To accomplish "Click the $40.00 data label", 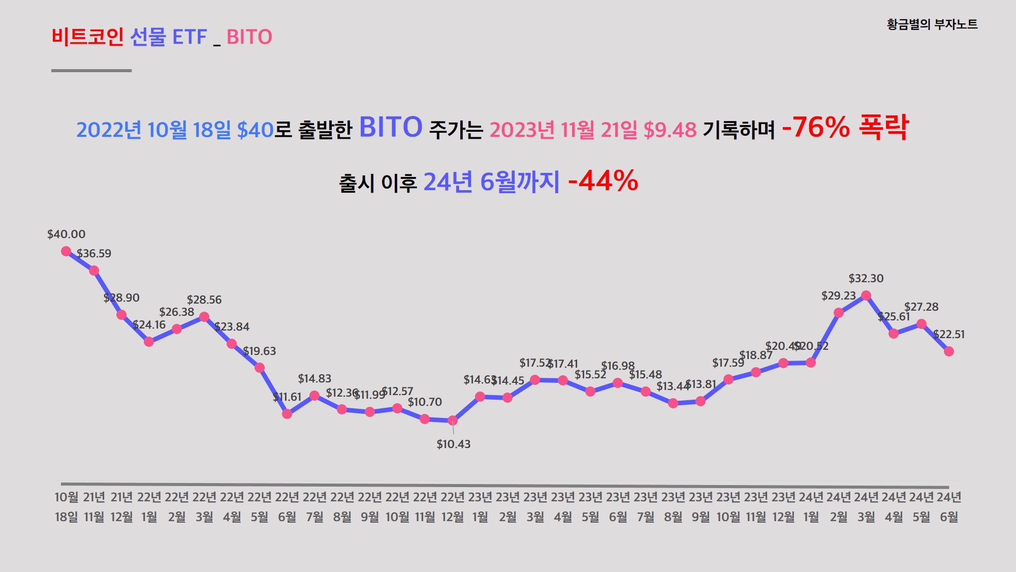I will [x=66, y=234].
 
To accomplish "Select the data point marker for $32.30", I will [x=866, y=295].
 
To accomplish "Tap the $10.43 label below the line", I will [x=453, y=444].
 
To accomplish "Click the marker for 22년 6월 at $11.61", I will [x=287, y=414].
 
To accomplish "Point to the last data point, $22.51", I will [x=948, y=351].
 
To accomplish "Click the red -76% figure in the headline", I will [x=815, y=128].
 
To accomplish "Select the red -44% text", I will [x=603, y=181].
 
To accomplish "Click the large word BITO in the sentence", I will [x=391, y=127].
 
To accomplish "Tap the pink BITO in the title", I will [x=249, y=37].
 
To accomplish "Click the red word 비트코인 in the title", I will [x=87, y=37].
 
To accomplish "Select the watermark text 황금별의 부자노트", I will [x=932, y=24].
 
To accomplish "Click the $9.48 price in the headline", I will [x=670, y=130].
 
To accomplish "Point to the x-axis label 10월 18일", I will [x=66, y=507].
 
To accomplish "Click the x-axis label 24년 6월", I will [x=948, y=507].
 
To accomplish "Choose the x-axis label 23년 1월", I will [x=480, y=507].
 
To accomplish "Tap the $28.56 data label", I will [x=204, y=300].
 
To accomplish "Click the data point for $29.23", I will [x=839, y=313].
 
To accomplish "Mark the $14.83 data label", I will [x=314, y=379].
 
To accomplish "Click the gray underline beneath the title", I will [x=91, y=71].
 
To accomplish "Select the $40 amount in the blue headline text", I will [x=256, y=130].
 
